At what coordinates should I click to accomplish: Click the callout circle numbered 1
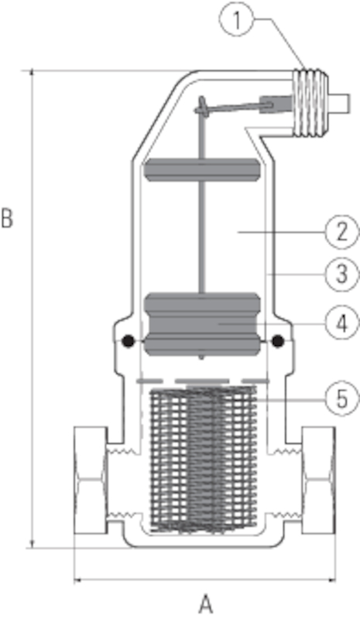(x=237, y=19)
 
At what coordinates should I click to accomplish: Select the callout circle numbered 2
(x=342, y=232)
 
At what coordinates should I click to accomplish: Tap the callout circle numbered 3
(x=342, y=274)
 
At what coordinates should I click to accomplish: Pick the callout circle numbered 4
(x=342, y=323)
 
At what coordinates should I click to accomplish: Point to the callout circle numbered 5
(x=342, y=398)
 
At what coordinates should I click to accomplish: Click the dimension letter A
(x=205, y=604)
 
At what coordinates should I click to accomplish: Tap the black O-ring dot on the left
(x=128, y=341)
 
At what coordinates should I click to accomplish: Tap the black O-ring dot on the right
(x=278, y=341)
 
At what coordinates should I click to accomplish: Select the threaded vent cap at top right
(x=312, y=103)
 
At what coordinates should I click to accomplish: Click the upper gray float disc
(x=201, y=169)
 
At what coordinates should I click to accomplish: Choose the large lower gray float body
(x=202, y=324)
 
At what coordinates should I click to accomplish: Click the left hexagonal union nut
(x=91, y=480)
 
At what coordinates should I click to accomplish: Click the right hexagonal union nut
(x=318, y=480)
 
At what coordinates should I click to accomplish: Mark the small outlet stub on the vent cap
(x=340, y=104)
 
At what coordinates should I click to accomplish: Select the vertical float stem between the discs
(x=201, y=237)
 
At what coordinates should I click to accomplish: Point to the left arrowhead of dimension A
(x=77, y=580)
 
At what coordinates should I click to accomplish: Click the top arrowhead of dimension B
(x=33, y=74)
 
